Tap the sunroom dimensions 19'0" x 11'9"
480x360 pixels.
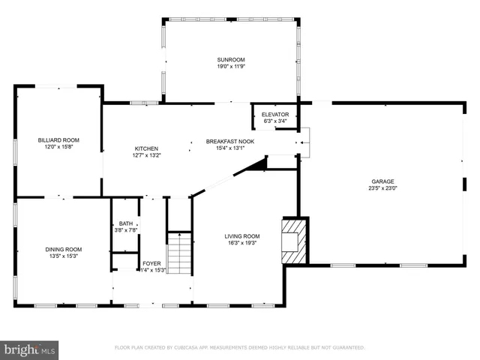(x=231, y=66)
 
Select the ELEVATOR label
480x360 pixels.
(x=275, y=114)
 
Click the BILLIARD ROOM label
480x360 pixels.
(x=58, y=139)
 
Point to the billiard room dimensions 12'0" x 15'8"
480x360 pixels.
(x=58, y=147)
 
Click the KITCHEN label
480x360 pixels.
(x=147, y=148)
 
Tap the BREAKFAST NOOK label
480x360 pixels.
(x=230, y=140)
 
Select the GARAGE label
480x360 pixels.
(x=382, y=181)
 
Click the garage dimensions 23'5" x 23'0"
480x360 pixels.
(x=382, y=188)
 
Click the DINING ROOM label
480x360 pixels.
(x=64, y=249)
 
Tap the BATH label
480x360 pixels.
(x=125, y=223)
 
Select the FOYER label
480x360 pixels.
(x=152, y=262)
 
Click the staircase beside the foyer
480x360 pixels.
(x=177, y=253)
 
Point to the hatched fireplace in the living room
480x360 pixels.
(x=294, y=241)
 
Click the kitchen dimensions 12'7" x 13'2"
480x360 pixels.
(x=147, y=155)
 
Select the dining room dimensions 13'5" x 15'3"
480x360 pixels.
(x=64, y=256)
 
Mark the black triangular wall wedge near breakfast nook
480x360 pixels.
(x=257, y=165)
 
